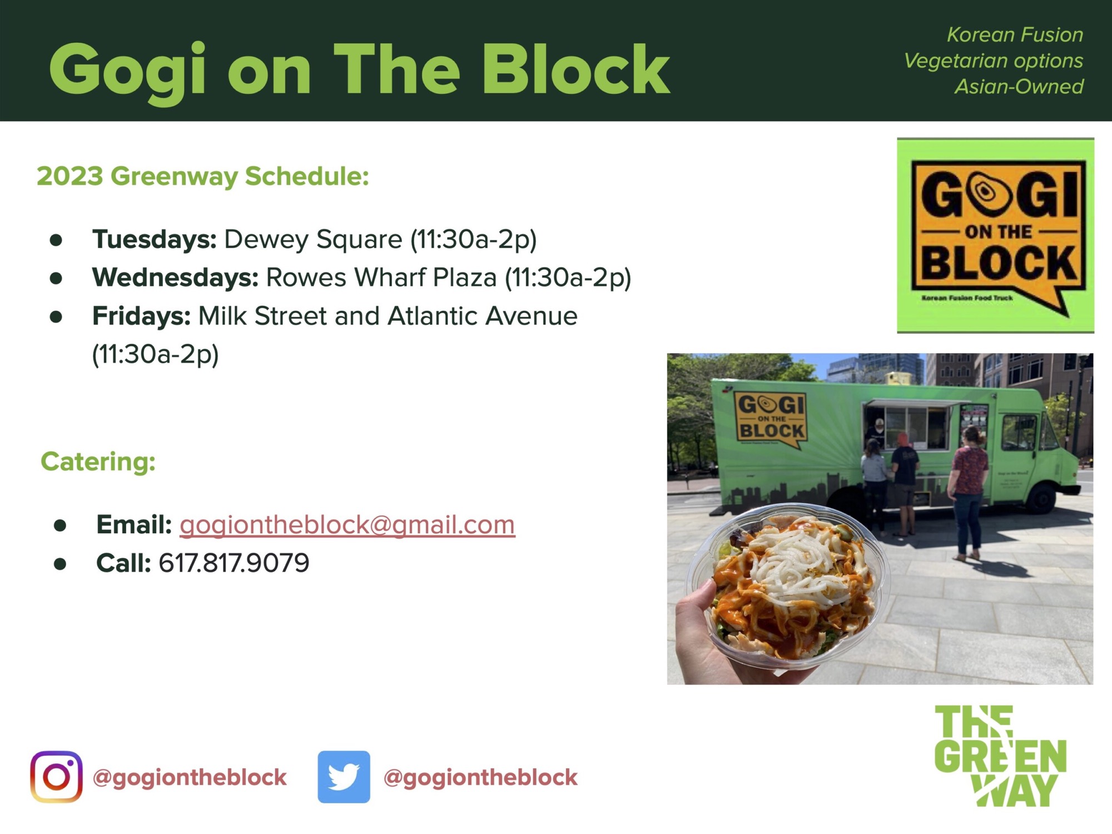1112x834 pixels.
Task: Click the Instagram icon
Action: [56, 777]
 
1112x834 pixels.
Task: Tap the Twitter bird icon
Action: [344, 777]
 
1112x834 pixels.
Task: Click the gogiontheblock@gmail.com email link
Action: [348, 525]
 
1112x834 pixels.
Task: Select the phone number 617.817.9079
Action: [234, 563]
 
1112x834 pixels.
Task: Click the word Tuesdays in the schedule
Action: [155, 239]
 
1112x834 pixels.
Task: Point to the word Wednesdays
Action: [175, 277]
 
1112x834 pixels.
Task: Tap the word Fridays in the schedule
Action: [142, 316]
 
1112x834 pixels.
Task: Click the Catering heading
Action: [98, 461]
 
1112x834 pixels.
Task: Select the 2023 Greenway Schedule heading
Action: [203, 176]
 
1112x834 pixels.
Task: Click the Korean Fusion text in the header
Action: [1015, 34]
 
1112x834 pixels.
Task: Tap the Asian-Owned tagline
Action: [1019, 86]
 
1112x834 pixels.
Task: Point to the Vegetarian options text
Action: [994, 61]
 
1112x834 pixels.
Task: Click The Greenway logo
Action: [1000, 756]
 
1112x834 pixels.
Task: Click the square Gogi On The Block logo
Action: [996, 235]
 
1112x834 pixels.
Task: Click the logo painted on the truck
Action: [771, 419]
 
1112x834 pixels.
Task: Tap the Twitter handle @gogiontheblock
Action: [480, 777]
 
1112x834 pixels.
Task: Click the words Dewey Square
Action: [313, 239]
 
